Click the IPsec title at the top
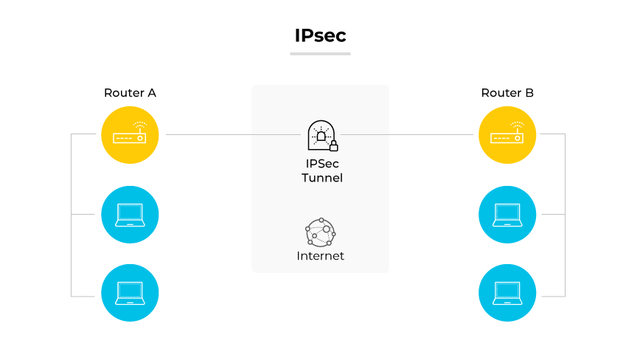320,35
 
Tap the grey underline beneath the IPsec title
320,53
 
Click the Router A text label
130,93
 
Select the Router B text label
507,93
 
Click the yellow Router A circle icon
130,135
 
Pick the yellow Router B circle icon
507,135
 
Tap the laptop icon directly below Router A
130,215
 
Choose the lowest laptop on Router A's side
130,293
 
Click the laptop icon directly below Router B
507,215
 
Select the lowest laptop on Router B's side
507,293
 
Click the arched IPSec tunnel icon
321,135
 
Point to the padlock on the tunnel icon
333,146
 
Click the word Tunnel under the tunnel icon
322,178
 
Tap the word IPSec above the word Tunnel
322,164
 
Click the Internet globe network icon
321,233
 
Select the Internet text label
321,256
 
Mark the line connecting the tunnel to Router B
406,135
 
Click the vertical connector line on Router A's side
72,215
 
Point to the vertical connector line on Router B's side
565,215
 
